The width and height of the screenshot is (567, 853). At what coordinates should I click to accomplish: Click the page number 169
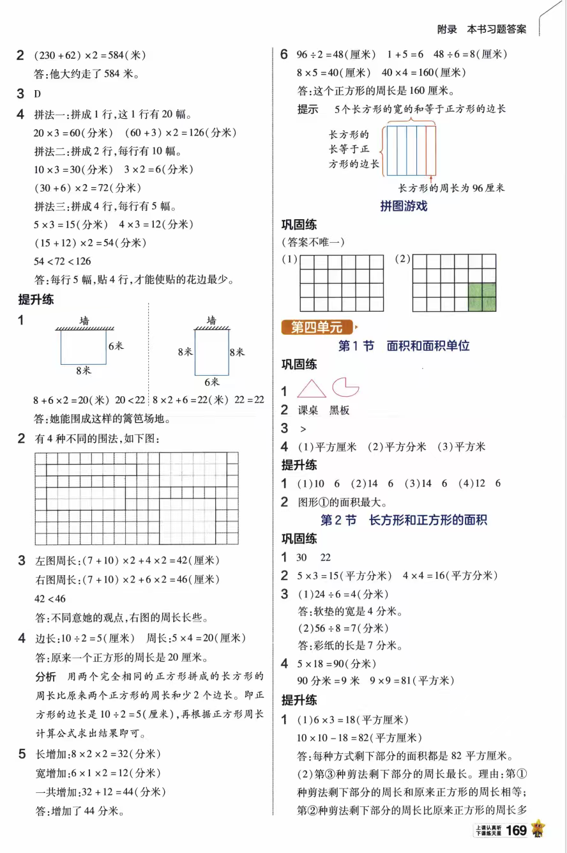(x=516, y=830)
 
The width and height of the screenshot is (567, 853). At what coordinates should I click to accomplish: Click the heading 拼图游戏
(x=404, y=206)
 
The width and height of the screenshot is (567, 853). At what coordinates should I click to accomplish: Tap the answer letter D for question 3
(x=38, y=94)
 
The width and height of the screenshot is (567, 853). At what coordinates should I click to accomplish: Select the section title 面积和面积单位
(x=428, y=346)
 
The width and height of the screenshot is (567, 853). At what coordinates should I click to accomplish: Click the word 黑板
(x=340, y=410)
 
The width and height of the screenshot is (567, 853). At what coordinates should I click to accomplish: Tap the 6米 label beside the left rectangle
(x=116, y=346)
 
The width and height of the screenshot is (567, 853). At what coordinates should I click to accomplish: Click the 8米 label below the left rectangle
(x=83, y=371)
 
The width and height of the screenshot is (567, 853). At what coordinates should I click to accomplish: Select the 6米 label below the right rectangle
(x=211, y=382)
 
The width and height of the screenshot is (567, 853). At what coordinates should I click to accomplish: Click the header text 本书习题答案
(x=497, y=29)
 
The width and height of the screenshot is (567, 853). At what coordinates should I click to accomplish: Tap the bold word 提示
(x=308, y=109)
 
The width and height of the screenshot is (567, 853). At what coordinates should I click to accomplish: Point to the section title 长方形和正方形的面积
(x=428, y=520)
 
